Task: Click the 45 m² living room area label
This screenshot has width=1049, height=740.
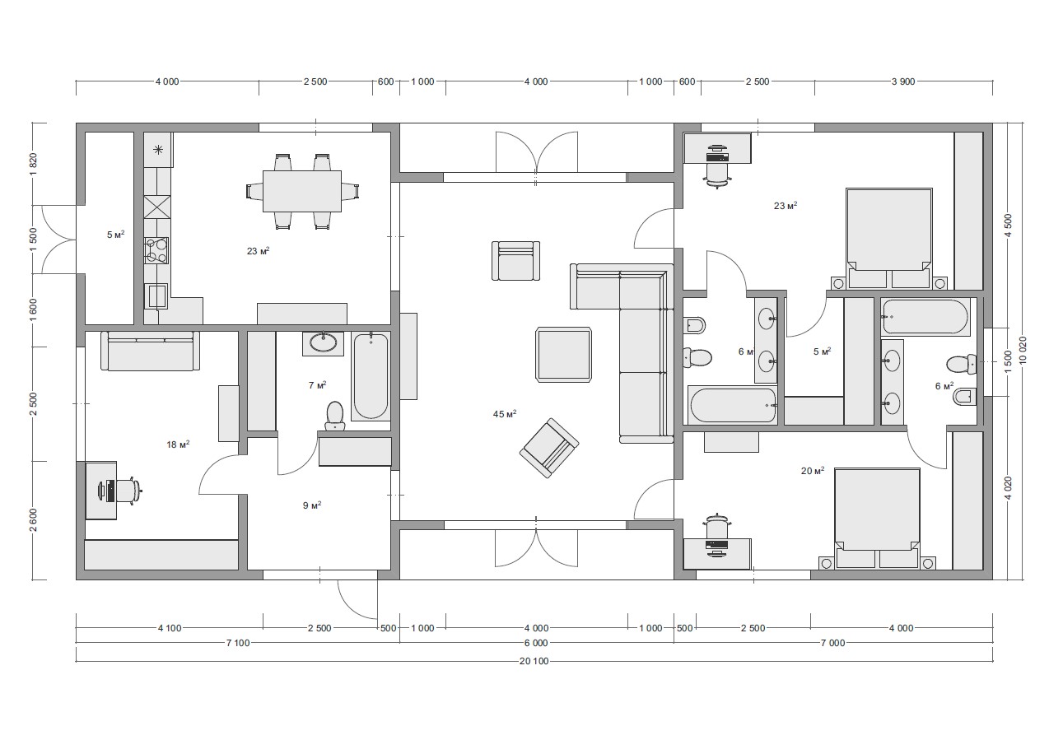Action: (x=505, y=414)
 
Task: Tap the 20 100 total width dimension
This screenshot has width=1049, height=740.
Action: (x=534, y=661)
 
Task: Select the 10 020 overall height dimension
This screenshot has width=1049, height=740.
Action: (x=1023, y=350)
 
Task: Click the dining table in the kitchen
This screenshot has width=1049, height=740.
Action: (x=302, y=191)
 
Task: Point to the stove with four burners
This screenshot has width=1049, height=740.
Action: (x=156, y=250)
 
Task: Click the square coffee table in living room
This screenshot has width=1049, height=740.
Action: (x=564, y=355)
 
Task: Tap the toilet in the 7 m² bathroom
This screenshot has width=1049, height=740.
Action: (x=334, y=416)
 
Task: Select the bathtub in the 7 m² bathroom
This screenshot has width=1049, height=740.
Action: (x=371, y=376)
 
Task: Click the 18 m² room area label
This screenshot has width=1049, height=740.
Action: (x=178, y=444)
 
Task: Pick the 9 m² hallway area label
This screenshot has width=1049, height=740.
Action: (x=312, y=505)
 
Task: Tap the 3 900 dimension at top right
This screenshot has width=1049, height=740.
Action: (x=903, y=81)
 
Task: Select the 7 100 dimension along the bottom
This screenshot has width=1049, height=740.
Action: (x=238, y=643)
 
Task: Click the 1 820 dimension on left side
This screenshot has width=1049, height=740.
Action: (x=33, y=165)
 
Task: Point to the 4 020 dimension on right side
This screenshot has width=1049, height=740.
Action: (x=1009, y=488)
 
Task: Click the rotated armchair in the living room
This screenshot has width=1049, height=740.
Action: (x=549, y=448)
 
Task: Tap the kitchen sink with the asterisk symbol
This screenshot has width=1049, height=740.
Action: (x=158, y=150)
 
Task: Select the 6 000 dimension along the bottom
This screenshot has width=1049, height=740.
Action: (x=536, y=643)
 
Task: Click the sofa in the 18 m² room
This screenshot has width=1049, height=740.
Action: (x=151, y=351)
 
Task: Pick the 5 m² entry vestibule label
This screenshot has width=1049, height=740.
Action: (x=115, y=235)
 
